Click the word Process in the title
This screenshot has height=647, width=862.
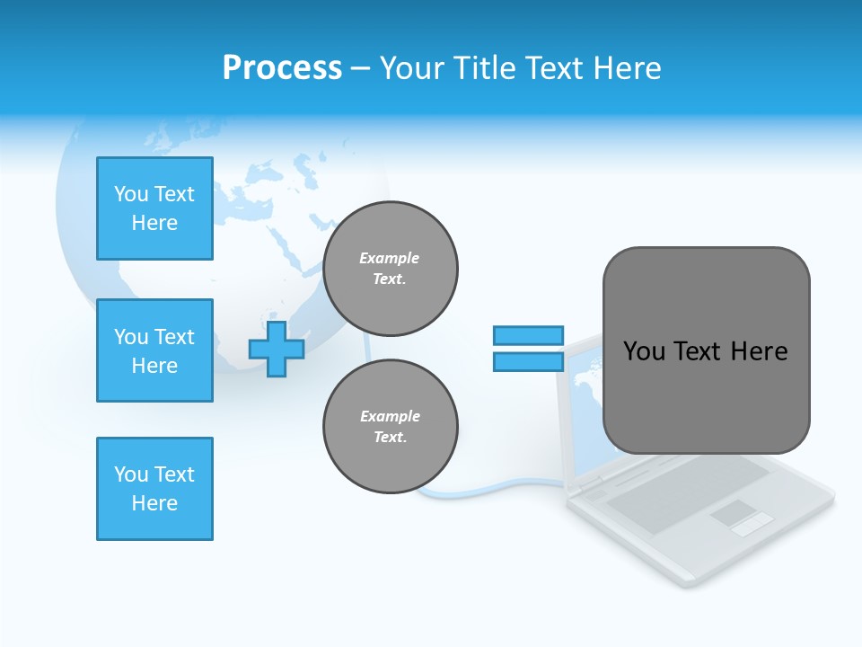pyautogui.click(x=282, y=68)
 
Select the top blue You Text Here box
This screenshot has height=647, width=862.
pyautogui.click(x=154, y=208)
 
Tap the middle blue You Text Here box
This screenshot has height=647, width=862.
pyautogui.click(x=154, y=350)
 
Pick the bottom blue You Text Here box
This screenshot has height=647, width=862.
pyautogui.click(x=154, y=489)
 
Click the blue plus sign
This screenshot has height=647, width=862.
pyautogui.click(x=276, y=349)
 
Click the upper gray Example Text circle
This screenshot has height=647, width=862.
pyautogui.click(x=390, y=269)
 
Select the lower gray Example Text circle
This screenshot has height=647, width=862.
pyautogui.click(x=390, y=427)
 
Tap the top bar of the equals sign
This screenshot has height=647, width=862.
pyautogui.click(x=528, y=335)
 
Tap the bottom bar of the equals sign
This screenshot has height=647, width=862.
pyautogui.click(x=528, y=362)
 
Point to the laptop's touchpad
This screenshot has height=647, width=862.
pyautogui.click(x=734, y=514)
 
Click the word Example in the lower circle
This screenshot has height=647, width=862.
pyautogui.click(x=390, y=416)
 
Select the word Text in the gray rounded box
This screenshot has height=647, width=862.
pyautogui.click(x=696, y=351)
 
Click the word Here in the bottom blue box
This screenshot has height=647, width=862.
pyautogui.click(x=154, y=503)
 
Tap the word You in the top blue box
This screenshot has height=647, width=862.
pyautogui.click(x=131, y=194)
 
